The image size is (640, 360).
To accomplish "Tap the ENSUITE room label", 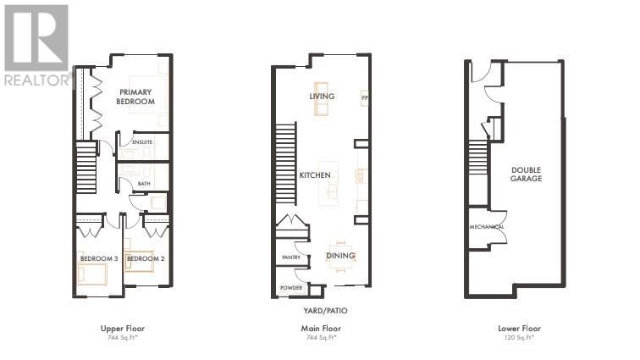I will (141, 141).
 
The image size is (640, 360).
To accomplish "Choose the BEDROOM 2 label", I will (145, 258).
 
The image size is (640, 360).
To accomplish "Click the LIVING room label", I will (322, 97).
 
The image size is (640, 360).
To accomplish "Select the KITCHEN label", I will (315, 175).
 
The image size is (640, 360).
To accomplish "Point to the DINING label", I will (341, 256).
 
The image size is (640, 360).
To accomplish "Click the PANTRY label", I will (291, 257).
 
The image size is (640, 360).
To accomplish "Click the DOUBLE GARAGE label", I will (526, 174).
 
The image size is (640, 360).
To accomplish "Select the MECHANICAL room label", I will (488, 227).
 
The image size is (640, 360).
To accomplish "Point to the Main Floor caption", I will (320, 328).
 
